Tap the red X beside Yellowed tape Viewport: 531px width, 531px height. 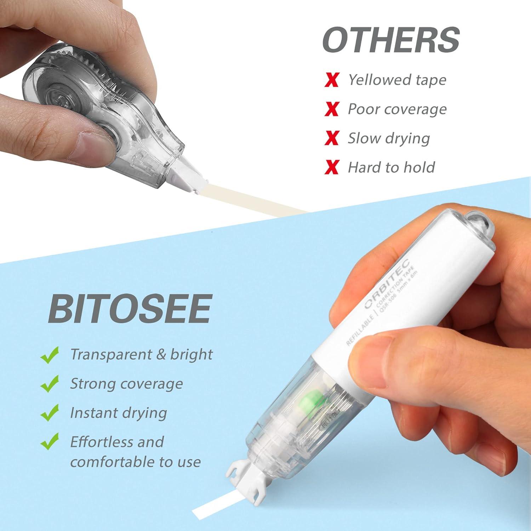click(x=332, y=80)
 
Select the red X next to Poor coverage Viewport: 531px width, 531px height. click(x=332, y=109)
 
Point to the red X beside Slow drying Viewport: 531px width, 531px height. click(x=332, y=138)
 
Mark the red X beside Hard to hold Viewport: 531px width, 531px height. click(x=332, y=167)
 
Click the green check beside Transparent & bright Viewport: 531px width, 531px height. click(x=50, y=355)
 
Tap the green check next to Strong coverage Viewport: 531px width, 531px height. click(x=50, y=384)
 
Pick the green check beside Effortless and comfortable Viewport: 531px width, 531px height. click(x=50, y=442)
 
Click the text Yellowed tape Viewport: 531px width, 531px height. click(x=397, y=80)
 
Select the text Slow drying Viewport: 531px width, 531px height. click(x=388, y=138)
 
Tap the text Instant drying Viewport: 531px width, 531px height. click(x=118, y=413)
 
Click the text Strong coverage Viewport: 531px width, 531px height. click(x=126, y=384)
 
